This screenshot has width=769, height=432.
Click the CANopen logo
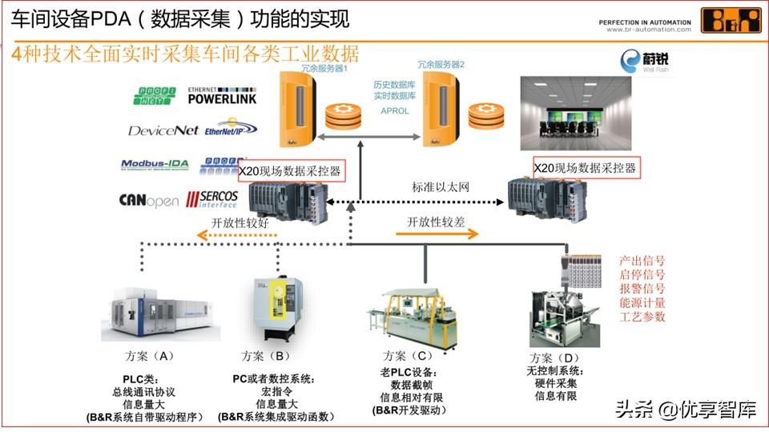click(148, 200)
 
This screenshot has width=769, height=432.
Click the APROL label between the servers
click(391, 111)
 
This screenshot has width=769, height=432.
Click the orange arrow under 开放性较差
click(437, 234)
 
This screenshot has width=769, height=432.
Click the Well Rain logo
click(642, 62)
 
